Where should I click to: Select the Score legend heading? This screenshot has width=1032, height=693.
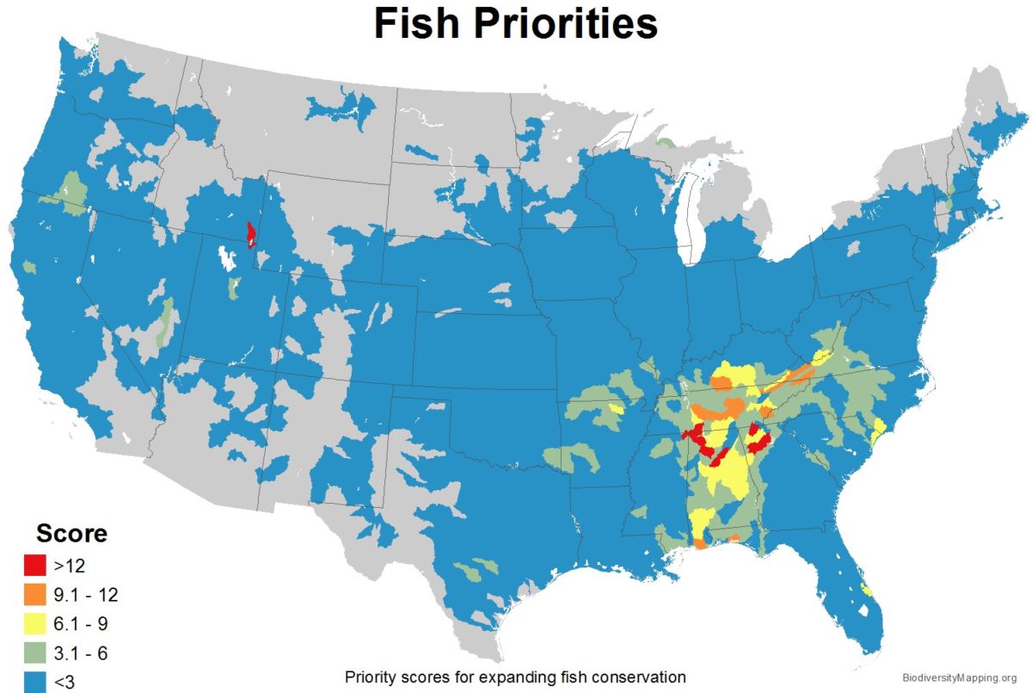point(71,533)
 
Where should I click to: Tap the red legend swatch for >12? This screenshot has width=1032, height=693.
point(34,566)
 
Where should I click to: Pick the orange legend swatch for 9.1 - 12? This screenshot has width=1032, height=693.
point(34,594)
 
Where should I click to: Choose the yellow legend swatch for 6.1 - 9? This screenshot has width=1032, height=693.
point(34,623)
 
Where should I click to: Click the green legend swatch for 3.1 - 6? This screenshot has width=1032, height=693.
point(34,653)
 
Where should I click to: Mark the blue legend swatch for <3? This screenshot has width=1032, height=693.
point(34,680)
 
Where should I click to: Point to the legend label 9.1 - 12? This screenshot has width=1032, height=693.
point(89,594)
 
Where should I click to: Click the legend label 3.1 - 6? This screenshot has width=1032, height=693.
point(84,653)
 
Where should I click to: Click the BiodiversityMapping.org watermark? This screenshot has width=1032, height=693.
point(961,678)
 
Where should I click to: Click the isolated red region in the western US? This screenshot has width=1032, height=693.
point(250,234)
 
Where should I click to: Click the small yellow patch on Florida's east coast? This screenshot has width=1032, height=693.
point(867,591)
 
